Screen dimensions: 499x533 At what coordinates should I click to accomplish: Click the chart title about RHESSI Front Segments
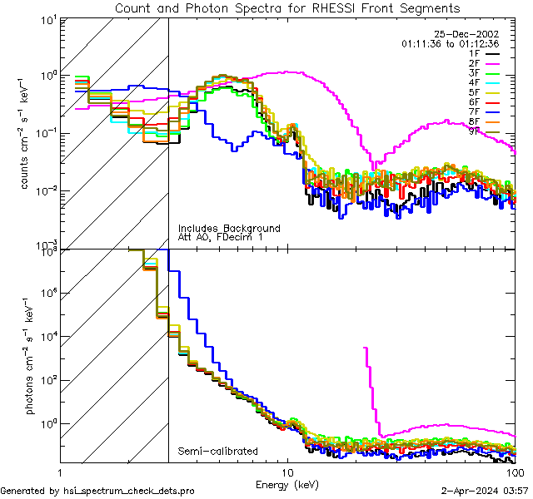287,7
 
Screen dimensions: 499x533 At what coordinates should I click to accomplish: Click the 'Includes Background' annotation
229,228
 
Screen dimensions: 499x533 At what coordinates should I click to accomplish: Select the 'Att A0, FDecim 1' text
221,237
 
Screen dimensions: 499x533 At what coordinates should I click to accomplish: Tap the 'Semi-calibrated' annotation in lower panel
217,452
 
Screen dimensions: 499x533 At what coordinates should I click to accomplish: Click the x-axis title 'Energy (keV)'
287,483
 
